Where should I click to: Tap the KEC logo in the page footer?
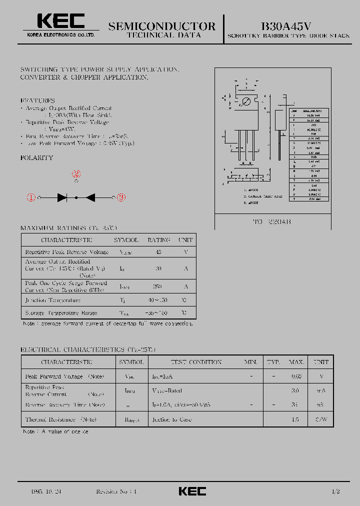(192, 491)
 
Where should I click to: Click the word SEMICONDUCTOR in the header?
(161, 26)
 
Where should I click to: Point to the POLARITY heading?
(36, 157)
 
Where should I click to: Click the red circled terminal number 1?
(31, 197)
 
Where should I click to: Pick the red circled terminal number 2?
(76, 174)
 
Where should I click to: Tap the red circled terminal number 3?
(120, 197)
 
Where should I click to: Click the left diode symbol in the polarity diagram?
(62, 197)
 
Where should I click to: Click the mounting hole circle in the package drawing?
(245, 102)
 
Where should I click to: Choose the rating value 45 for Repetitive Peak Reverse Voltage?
(158, 252)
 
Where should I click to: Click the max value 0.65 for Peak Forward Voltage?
(296, 376)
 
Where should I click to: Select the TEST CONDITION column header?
(196, 361)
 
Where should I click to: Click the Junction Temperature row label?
(52, 300)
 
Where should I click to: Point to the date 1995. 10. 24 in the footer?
(45, 491)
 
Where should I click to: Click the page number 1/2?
(335, 491)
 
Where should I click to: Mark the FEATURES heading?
(37, 100)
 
